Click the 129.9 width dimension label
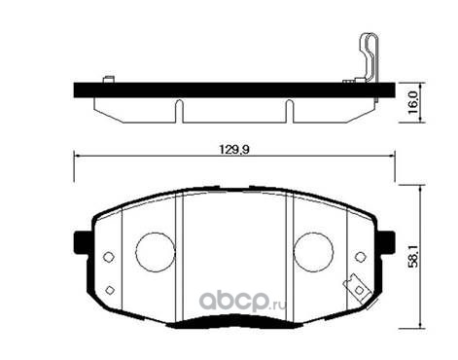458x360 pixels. [234, 150]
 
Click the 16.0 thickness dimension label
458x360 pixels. [414, 103]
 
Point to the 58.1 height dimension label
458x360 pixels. [414, 256]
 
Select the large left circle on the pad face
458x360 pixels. [136, 252]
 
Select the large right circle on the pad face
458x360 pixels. [294, 252]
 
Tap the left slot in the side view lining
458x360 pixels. [179, 111]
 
